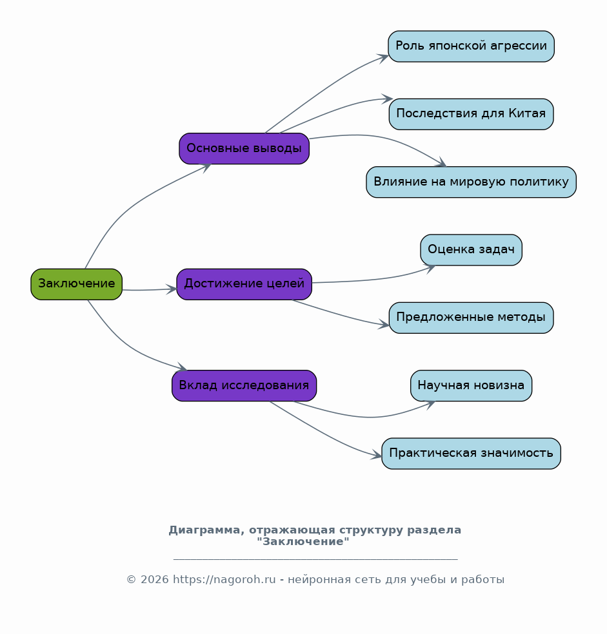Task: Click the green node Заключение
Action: (x=77, y=284)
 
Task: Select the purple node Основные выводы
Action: (x=244, y=148)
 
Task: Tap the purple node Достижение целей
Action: (x=244, y=284)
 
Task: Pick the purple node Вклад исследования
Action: (x=244, y=386)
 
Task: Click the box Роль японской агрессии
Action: (x=472, y=46)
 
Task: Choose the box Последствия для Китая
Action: (x=472, y=114)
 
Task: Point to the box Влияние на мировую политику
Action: (x=472, y=182)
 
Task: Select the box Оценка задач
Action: (x=472, y=250)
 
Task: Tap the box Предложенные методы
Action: (x=472, y=318)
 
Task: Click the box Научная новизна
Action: (x=472, y=386)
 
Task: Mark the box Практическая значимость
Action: (x=472, y=454)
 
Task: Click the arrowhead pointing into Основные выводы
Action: (x=206, y=167)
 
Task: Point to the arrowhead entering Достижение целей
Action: (x=172, y=289)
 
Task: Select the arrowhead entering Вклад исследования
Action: (x=182, y=367)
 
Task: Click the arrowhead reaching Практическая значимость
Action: (x=377, y=456)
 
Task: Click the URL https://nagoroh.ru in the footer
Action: (x=224, y=580)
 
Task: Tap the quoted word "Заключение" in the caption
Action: (x=303, y=542)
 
